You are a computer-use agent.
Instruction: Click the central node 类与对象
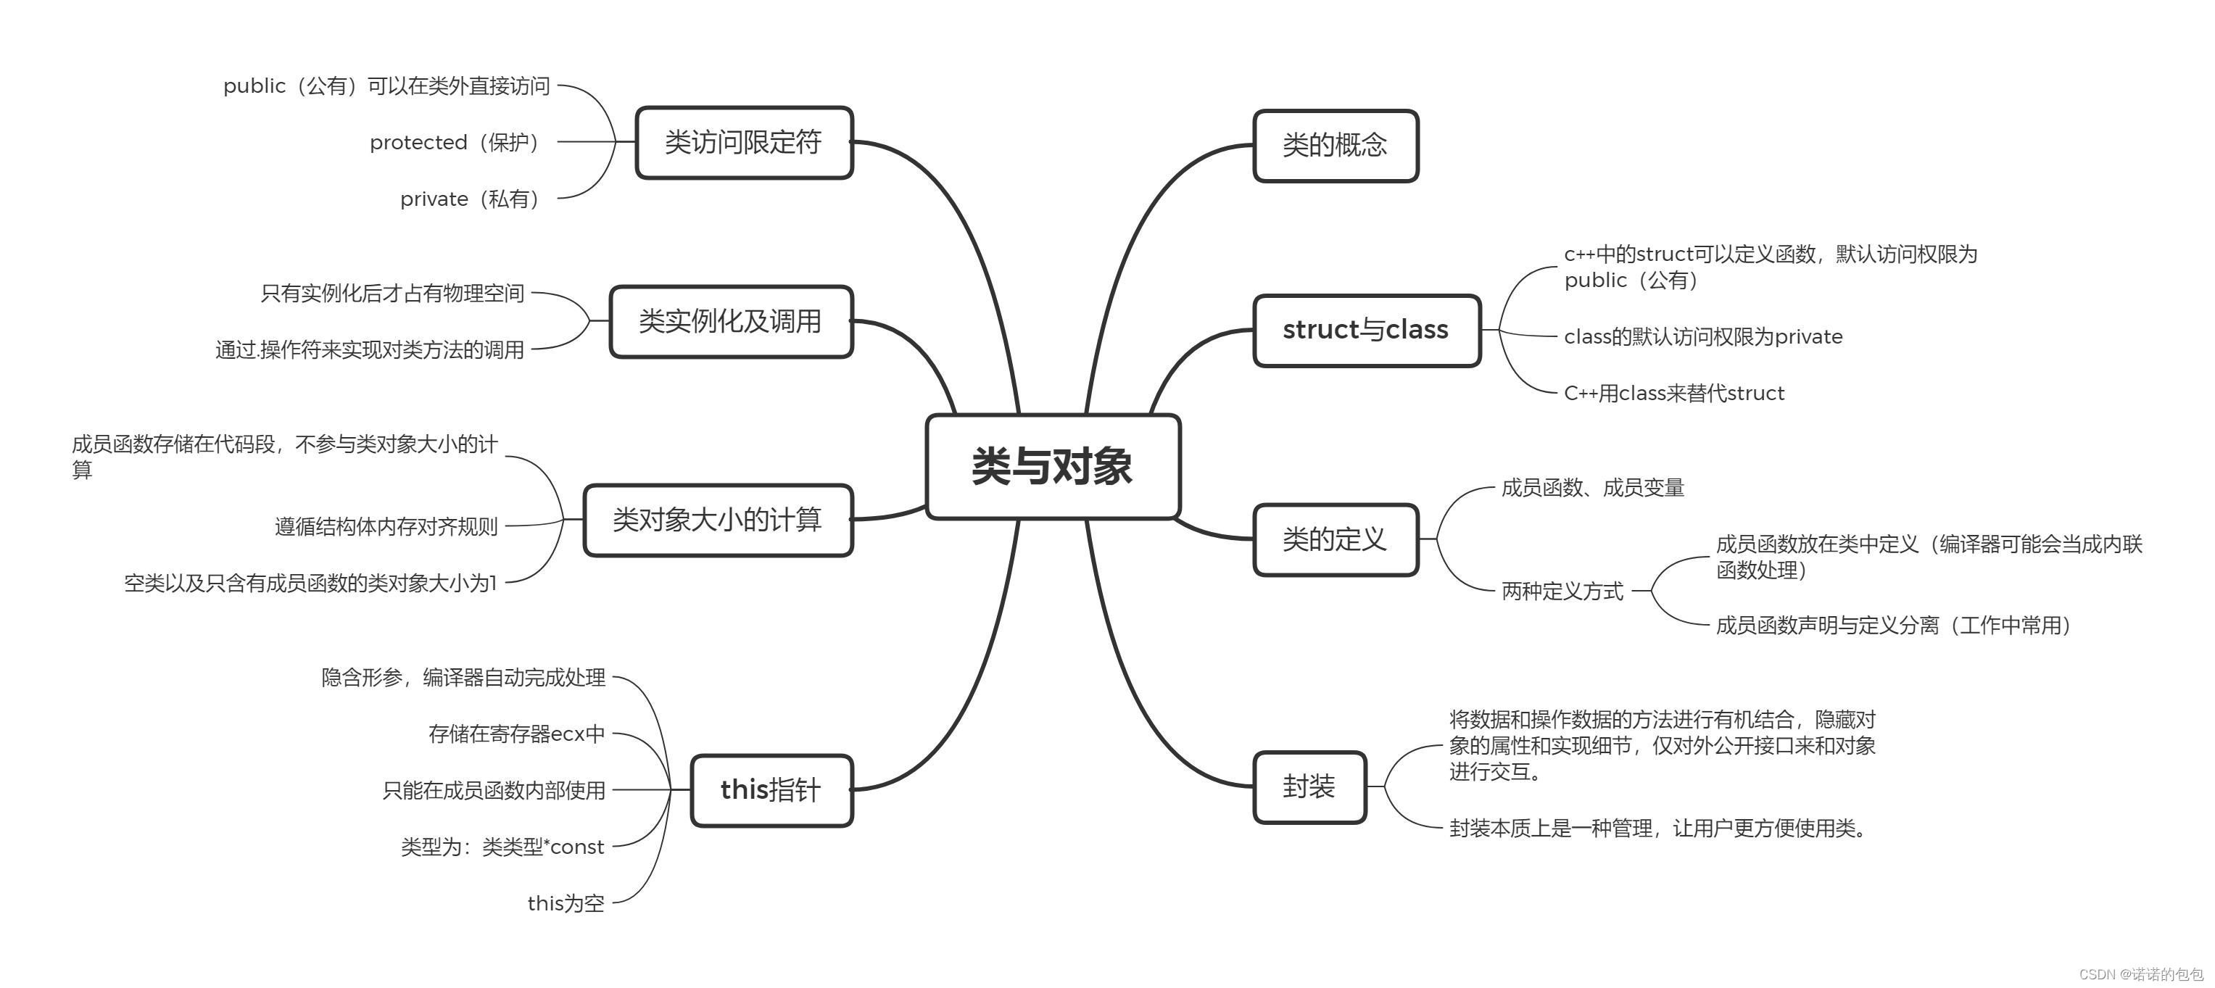point(1053,467)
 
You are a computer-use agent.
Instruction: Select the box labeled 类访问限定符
point(744,143)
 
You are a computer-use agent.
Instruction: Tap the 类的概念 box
point(1336,145)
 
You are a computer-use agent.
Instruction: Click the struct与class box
point(1366,331)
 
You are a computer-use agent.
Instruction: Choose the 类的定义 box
point(1336,539)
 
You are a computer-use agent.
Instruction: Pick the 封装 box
point(1309,786)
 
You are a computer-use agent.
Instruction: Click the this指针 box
point(771,790)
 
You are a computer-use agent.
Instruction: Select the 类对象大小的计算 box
point(718,520)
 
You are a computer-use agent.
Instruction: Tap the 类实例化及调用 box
point(731,322)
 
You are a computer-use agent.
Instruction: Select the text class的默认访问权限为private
point(1703,337)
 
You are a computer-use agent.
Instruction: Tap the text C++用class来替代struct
point(1674,393)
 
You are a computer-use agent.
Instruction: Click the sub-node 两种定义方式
point(1562,591)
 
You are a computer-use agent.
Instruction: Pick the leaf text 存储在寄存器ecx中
point(517,734)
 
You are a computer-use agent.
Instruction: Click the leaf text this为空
point(566,903)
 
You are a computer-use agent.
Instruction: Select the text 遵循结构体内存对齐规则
point(386,526)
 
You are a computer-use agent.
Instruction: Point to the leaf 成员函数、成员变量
point(1592,488)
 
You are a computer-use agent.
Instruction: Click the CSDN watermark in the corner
point(2141,974)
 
